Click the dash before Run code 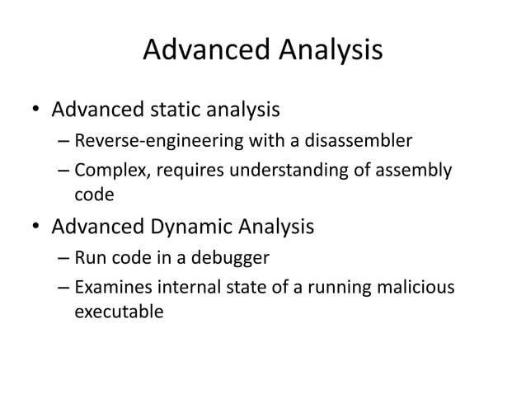pos(63,258)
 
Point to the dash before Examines pos(63,288)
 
